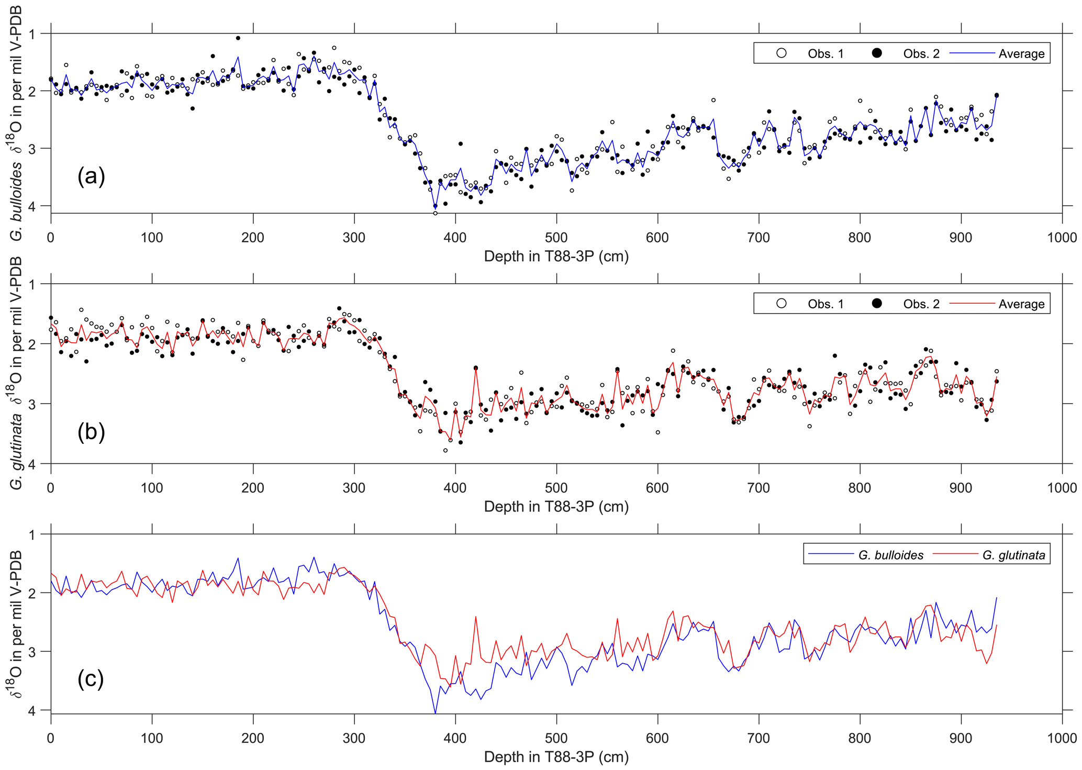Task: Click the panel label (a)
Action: pyautogui.click(x=91, y=176)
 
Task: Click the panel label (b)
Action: pyautogui.click(x=91, y=432)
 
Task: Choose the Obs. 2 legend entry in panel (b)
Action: pyautogui.click(x=908, y=304)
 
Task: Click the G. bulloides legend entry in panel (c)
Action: pyautogui.click(x=866, y=555)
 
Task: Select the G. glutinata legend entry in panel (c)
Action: pyautogui.click(x=989, y=555)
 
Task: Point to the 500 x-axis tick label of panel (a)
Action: pyautogui.click(x=556, y=238)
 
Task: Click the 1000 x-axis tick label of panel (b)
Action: pyautogui.click(x=1062, y=488)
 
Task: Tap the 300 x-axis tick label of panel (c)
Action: pyautogui.click(x=354, y=739)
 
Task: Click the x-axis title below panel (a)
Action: pyautogui.click(x=556, y=256)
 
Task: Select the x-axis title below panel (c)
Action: pyautogui.click(x=556, y=757)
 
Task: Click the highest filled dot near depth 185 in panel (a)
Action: pyautogui.click(x=238, y=38)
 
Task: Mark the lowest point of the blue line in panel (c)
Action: pyautogui.click(x=436, y=713)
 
